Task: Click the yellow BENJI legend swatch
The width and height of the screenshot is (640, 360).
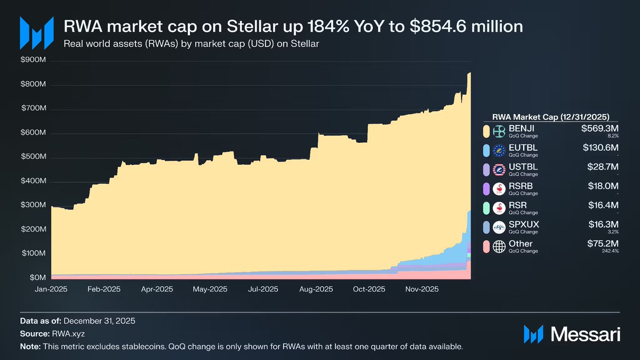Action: (x=486, y=131)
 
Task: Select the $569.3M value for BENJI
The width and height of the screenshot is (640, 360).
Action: (x=599, y=129)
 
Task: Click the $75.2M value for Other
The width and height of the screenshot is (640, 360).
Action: (x=601, y=244)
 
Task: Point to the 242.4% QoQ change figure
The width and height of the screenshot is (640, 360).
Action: (x=610, y=251)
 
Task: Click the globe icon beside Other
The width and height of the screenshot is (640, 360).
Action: (x=500, y=246)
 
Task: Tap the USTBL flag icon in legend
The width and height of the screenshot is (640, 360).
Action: (x=500, y=170)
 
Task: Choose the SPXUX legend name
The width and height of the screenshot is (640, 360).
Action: (x=524, y=225)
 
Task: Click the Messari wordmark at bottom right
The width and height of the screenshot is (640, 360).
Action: (x=586, y=334)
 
